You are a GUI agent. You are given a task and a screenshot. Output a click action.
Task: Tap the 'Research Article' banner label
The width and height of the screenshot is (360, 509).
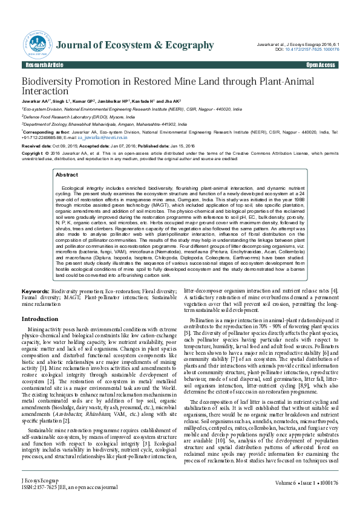(44, 65)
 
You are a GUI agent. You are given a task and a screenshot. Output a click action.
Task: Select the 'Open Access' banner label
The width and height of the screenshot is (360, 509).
(321, 65)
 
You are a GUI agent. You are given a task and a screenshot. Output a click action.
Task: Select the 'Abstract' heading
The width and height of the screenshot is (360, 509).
(67, 174)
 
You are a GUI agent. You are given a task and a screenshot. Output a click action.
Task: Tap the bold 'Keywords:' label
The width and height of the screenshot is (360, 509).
(36, 291)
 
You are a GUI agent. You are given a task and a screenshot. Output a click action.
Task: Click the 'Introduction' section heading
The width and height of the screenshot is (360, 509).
(40, 319)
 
